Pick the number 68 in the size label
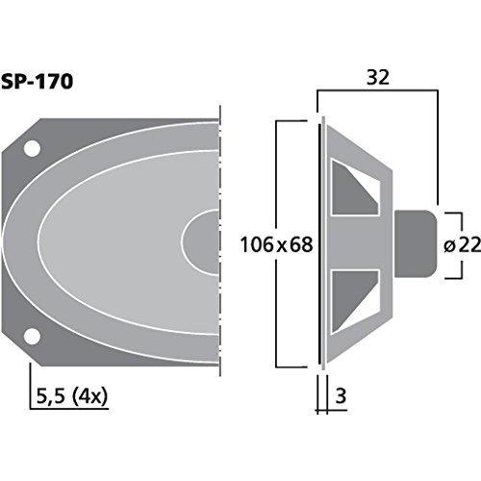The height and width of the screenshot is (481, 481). pos(300,245)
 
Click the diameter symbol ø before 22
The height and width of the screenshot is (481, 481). pos(449,246)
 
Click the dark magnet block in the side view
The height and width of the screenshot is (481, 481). pos(416,242)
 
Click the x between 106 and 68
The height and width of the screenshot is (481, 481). pos(281,246)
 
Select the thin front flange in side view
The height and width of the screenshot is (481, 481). pos(321,242)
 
